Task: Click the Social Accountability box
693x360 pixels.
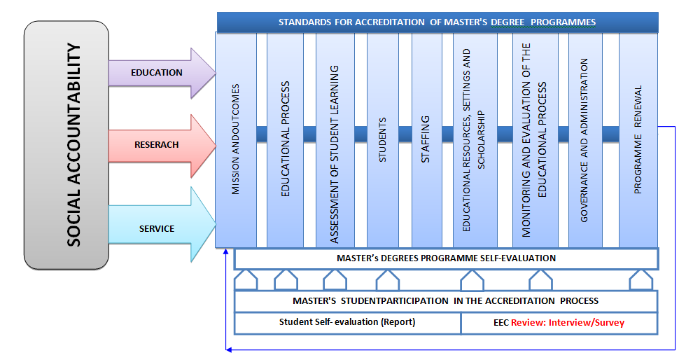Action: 66,145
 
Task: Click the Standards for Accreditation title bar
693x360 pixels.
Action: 437,22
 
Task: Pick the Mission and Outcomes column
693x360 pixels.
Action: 236,140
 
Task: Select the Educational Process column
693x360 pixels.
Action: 285,140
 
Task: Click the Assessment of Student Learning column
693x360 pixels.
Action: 335,140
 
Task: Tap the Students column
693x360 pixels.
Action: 383,140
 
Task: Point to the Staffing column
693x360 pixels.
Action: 426,140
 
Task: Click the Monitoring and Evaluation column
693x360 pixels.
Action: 535,140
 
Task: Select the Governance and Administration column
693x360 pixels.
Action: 584,140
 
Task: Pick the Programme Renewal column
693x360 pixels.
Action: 638,140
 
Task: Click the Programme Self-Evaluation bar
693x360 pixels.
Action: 446,258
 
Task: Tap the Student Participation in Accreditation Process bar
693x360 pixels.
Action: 445,300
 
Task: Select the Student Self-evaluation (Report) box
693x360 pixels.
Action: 347,323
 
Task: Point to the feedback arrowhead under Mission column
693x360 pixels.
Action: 225,251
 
